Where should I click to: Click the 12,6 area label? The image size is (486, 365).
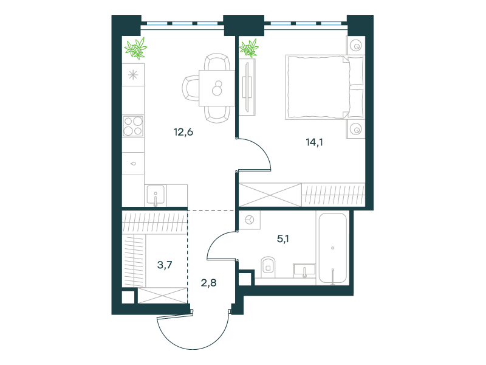(x=183, y=132)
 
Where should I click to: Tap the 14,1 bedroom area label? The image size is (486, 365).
(x=314, y=142)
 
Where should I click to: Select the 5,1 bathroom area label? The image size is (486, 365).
(x=283, y=238)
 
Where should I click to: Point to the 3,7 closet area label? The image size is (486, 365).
(x=165, y=265)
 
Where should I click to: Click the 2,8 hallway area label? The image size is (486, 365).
(x=208, y=283)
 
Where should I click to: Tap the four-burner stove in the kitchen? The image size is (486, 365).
(x=133, y=126)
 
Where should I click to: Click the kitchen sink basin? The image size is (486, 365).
(x=156, y=195)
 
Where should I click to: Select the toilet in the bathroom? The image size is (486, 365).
(x=269, y=267)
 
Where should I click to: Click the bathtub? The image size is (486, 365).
(x=333, y=248)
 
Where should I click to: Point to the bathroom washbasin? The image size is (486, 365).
(x=304, y=270)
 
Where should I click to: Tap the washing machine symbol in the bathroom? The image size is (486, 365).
(x=250, y=220)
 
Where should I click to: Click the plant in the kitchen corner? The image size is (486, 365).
(x=135, y=48)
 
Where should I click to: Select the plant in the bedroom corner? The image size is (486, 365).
(x=249, y=48)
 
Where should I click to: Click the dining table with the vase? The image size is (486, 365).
(x=217, y=88)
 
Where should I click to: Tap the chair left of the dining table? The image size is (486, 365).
(x=191, y=88)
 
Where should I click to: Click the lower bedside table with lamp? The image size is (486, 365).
(x=356, y=128)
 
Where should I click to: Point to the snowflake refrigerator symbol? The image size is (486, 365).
(x=133, y=75)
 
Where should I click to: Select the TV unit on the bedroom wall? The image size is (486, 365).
(x=247, y=87)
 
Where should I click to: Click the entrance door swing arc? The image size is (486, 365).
(x=192, y=344)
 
